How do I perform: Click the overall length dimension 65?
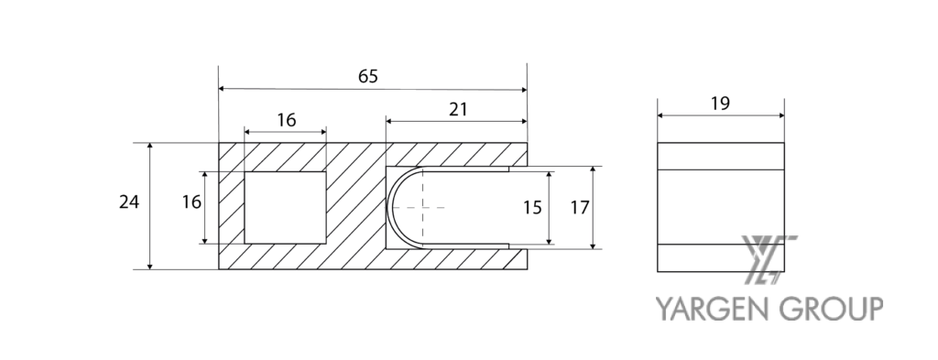point(368,77)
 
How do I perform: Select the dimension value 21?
point(458,109)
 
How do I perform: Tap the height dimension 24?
point(129,202)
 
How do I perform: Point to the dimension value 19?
point(720,104)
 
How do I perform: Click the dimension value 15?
point(532,208)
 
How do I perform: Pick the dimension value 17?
point(580,208)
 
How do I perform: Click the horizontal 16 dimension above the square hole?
point(287,120)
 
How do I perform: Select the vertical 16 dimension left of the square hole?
point(191,202)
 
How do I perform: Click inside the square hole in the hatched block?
point(286,208)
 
